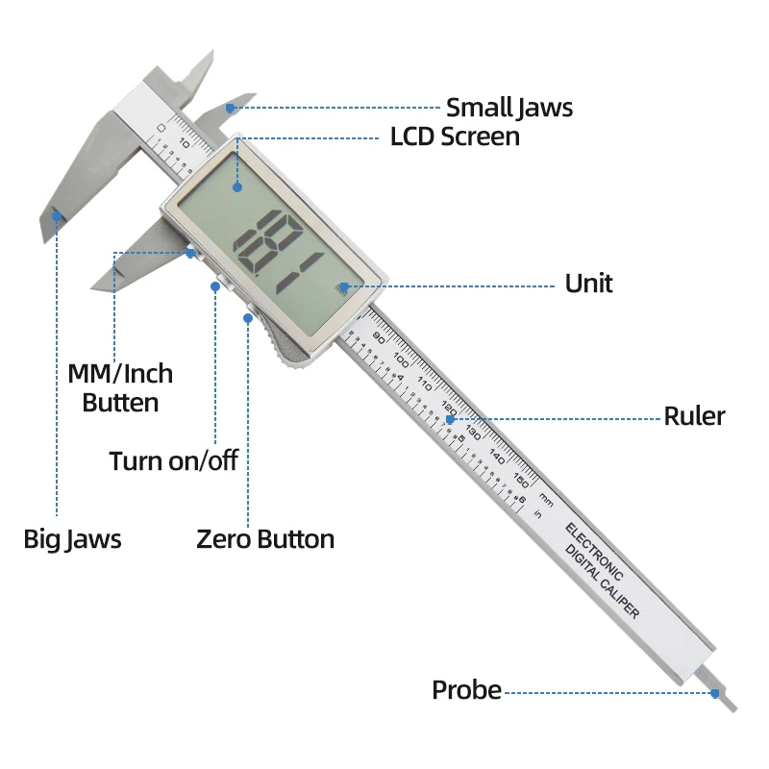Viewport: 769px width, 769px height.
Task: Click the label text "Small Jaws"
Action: tap(509, 108)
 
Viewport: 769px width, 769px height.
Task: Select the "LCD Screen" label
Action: tap(455, 136)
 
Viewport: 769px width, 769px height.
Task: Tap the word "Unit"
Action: tap(588, 284)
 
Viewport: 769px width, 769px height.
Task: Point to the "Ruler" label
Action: tap(694, 416)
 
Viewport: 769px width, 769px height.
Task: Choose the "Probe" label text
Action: tap(466, 690)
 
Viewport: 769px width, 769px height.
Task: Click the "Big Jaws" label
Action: tap(72, 538)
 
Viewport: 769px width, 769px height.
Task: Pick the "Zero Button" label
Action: tap(265, 538)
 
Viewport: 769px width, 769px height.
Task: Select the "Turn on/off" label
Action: tap(173, 460)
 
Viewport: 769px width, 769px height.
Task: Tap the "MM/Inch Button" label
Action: tap(120, 387)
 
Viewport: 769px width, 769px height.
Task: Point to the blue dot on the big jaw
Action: tap(57, 216)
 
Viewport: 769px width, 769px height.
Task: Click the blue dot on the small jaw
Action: tap(229, 108)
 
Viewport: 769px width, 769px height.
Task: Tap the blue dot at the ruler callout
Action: tap(450, 418)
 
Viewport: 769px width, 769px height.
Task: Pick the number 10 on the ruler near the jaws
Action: tap(185, 145)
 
